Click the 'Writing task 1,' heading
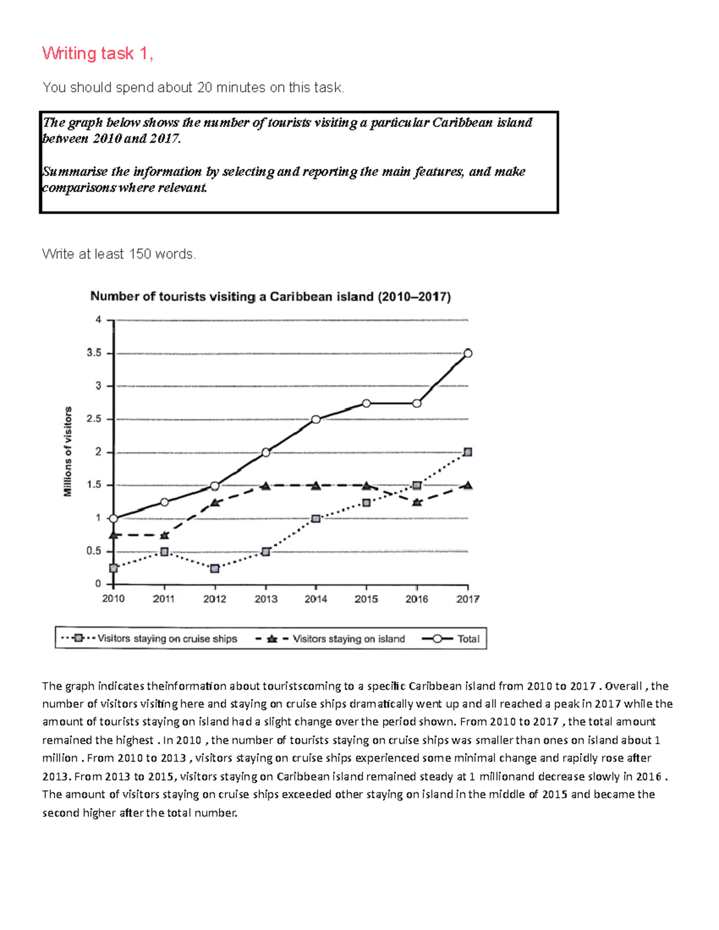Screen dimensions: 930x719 click(98, 54)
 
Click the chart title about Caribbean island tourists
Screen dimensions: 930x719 click(270, 296)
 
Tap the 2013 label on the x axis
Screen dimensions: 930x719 click(265, 599)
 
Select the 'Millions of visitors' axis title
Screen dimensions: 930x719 click(68, 452)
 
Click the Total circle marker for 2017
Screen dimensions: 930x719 click(468, 353)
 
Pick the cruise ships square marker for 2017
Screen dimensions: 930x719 click(468, 452)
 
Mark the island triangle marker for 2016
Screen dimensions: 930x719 click(417, 502)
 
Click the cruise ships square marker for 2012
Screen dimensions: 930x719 click(215, 568)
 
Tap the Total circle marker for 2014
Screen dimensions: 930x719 click(316, 419)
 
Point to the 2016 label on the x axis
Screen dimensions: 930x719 click(417, 599)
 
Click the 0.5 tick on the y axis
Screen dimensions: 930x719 click(94, 551)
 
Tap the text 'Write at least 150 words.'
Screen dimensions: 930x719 click(119, 255)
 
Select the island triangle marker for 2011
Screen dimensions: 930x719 click(165, 535)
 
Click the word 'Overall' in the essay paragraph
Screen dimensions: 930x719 click(623, 686)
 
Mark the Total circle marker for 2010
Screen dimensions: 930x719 click(114, 518)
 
